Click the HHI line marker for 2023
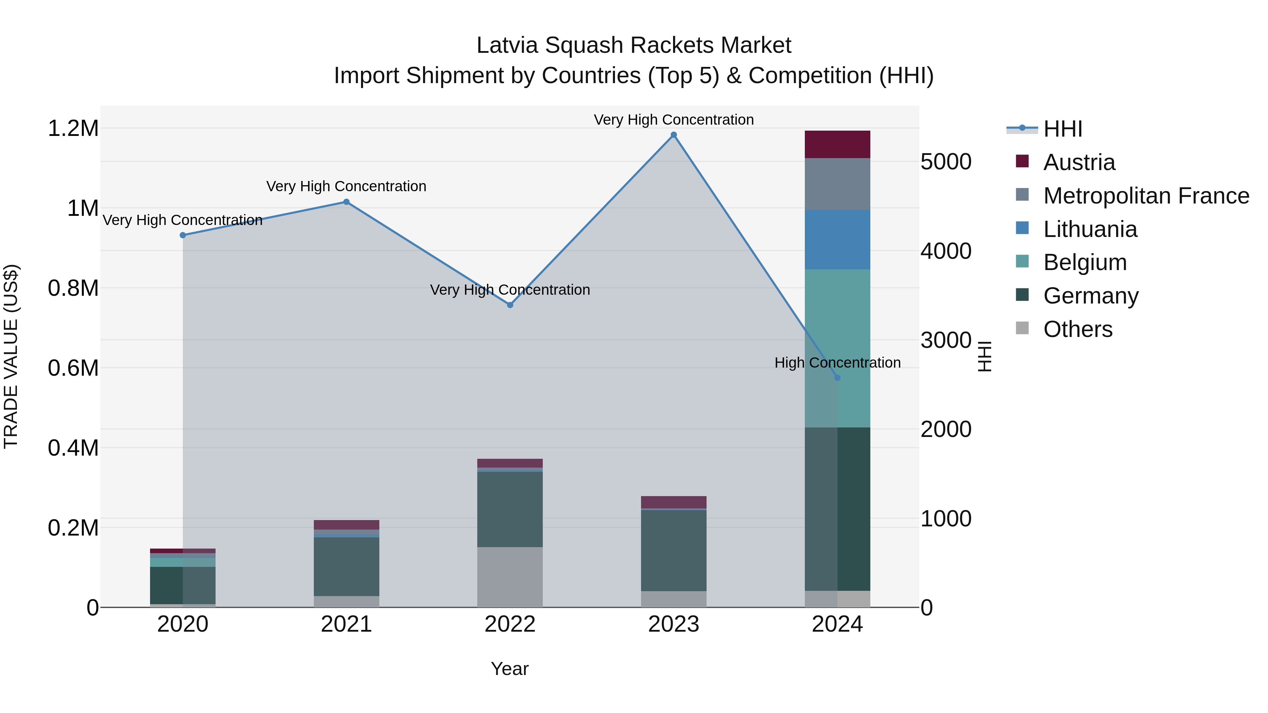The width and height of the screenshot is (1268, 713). click(673, 135)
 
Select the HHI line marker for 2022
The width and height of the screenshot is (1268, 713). click(510, 305)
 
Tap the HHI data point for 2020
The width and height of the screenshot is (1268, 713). click(182, 235)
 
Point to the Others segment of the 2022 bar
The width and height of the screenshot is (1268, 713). click(510, 577)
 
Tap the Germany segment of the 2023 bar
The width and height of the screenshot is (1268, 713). click(673, 550)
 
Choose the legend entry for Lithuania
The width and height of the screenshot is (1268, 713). click(1090, 229)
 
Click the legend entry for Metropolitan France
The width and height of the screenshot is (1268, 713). click(1146, 196)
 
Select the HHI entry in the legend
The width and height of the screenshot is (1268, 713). click(1062, 129)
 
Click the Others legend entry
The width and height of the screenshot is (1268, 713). click(1077, 329)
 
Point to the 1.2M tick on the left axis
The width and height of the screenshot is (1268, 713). click(73, 129)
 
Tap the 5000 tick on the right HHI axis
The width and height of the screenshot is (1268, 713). click(946, 162)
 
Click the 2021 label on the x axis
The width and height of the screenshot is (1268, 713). click(346, 624)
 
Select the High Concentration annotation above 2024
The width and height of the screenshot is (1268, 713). click(837, 363)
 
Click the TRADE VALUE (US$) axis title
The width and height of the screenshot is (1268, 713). click(11, 356)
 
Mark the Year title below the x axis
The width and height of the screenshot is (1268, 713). click(509, 669)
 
